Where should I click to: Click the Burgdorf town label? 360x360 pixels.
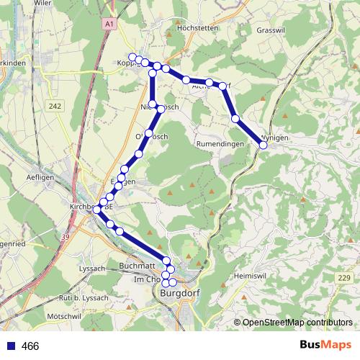(x=179, y=294)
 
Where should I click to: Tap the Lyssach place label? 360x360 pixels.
(x=91, y=269)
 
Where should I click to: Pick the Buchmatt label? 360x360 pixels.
(x=137, y=266)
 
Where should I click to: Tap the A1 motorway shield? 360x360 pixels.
(x=109, y=24)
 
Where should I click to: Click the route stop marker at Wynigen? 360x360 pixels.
(x=263, y=145)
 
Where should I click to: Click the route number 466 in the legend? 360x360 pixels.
(x=30, y=346)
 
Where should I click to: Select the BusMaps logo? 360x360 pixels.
(x=326, y=346)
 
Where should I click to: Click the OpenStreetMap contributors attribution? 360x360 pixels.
(x=297, y=323)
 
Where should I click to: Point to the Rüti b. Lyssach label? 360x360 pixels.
(x=87, y=297)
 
